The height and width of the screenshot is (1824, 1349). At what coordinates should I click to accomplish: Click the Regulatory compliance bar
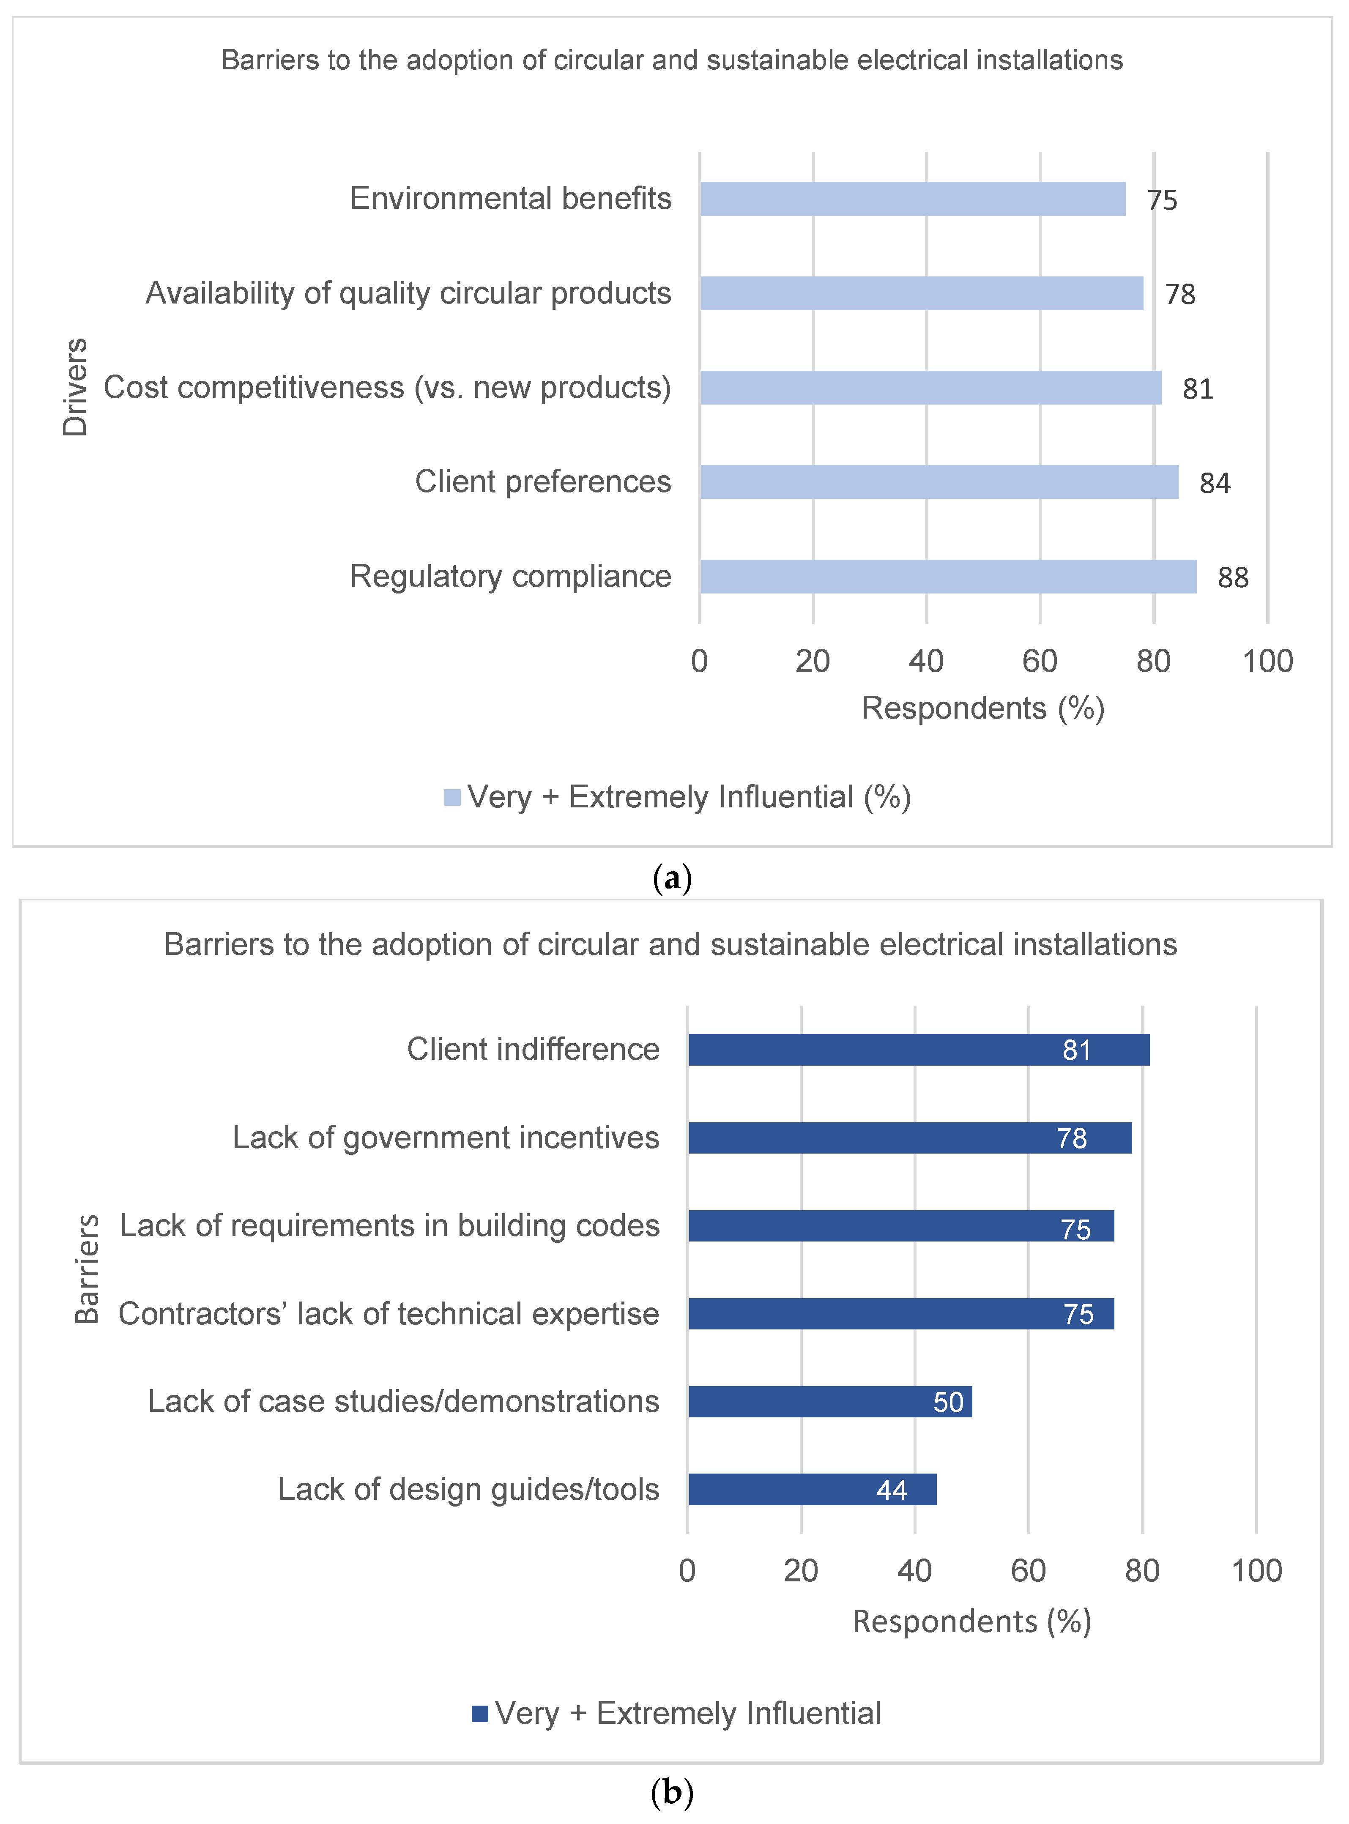pyautogui.click(x=947, y=577)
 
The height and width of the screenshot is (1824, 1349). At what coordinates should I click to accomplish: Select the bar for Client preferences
pyautogui.click(x=939, y=482)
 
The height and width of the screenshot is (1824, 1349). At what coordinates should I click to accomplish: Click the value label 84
pyautogui.click(x=1214, y=483)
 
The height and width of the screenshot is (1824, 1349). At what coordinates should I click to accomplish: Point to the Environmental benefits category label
pyautogui.click(x=510, y=198)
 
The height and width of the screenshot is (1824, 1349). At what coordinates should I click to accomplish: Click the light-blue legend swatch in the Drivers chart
pyautogui.click(x=451, y=797)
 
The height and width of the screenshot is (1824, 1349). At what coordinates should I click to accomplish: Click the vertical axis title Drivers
pyautogui.click(x=75, y=387)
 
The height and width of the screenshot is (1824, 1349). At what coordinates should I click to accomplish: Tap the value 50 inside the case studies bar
pyautogui.click(x=948, y=1402)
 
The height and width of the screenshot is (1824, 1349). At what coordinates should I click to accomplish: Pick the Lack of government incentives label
pyautogui.click(x=446, y=1138)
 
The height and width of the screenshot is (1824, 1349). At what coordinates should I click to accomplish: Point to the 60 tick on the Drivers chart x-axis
pyautogui.click(x=1040, y=662)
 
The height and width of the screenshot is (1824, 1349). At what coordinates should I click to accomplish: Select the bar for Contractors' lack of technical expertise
pyautogui.click(x=901, y=1314)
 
